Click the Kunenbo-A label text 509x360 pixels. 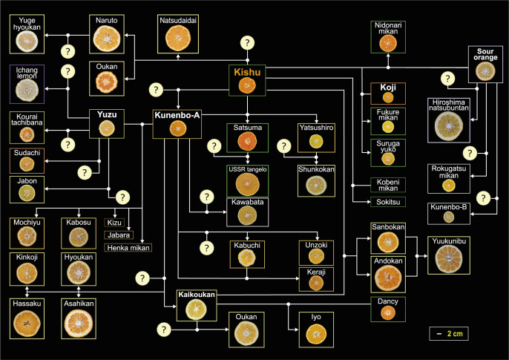(x=177, y=115)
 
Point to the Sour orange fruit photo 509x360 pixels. (x=485, y=71)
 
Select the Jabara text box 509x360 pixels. (x=115, y=235)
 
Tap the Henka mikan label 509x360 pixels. (x=128, y=247)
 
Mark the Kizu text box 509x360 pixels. (x=114, y=222)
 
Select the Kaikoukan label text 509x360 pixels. (x=196, y=295)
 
